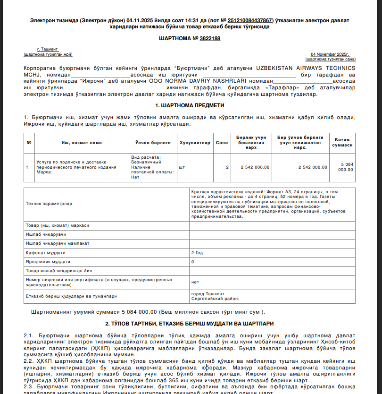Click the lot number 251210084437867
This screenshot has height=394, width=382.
coord(250,21)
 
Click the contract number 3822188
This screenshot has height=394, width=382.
coord(209,38)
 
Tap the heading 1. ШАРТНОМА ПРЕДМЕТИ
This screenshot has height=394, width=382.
coord(190,105)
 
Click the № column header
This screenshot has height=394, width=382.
coord(29,143)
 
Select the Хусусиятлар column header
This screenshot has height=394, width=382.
coord(195,143)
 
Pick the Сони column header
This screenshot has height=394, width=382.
coord(221,143)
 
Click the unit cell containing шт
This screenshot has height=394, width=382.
coord(182,167)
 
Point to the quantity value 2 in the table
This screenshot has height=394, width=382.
coord(227,167)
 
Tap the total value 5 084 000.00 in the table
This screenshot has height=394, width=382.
coord(346,167)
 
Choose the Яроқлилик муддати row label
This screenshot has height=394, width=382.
coord(48,262)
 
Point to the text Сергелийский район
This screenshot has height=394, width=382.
coord(215,299)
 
